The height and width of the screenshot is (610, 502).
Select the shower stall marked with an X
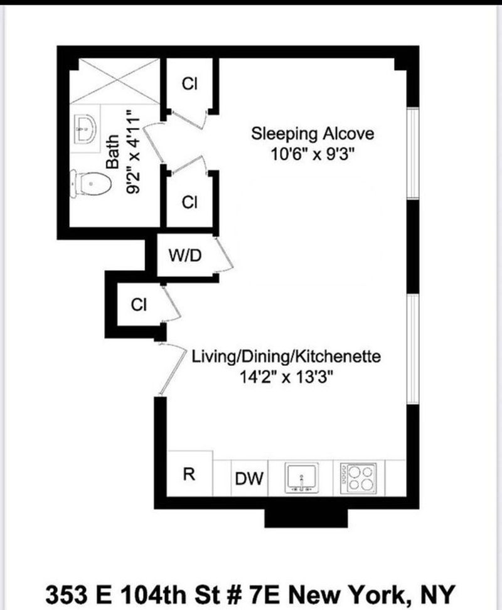coord(115,81)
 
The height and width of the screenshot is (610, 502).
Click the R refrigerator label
coord(189,474)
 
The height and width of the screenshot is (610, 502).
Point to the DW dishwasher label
coord(249,478)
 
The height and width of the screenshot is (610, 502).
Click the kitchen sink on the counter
coord(302,478)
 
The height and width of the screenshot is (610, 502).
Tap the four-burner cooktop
coord(358,478)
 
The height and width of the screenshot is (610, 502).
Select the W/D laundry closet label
coord(185,255)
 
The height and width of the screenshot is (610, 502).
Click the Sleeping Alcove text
coord(312,134)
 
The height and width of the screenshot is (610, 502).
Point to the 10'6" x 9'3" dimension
coord(312,154)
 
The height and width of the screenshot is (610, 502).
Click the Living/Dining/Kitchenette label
coord(286,356)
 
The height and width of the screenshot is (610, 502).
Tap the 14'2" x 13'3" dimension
coord(286,377)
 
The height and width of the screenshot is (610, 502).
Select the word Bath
coord(112,152)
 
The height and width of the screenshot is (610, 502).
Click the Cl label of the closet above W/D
coord(190,202)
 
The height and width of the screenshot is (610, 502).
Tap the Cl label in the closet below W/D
coord(139,304)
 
